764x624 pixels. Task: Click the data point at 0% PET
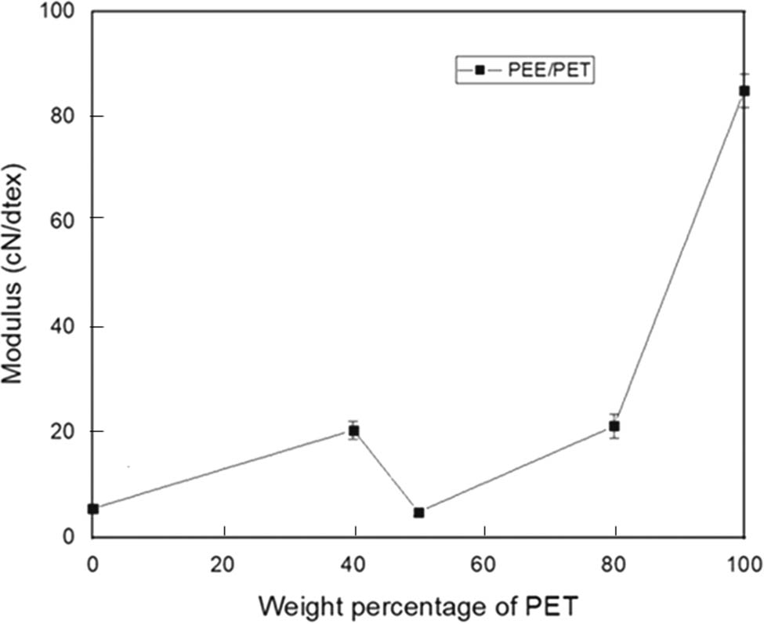(93, 509)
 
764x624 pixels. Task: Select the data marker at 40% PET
(354, 430)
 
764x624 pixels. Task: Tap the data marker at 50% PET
(419, 513)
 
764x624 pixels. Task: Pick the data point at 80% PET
(615, 426)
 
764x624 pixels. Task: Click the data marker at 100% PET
(744, 91)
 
